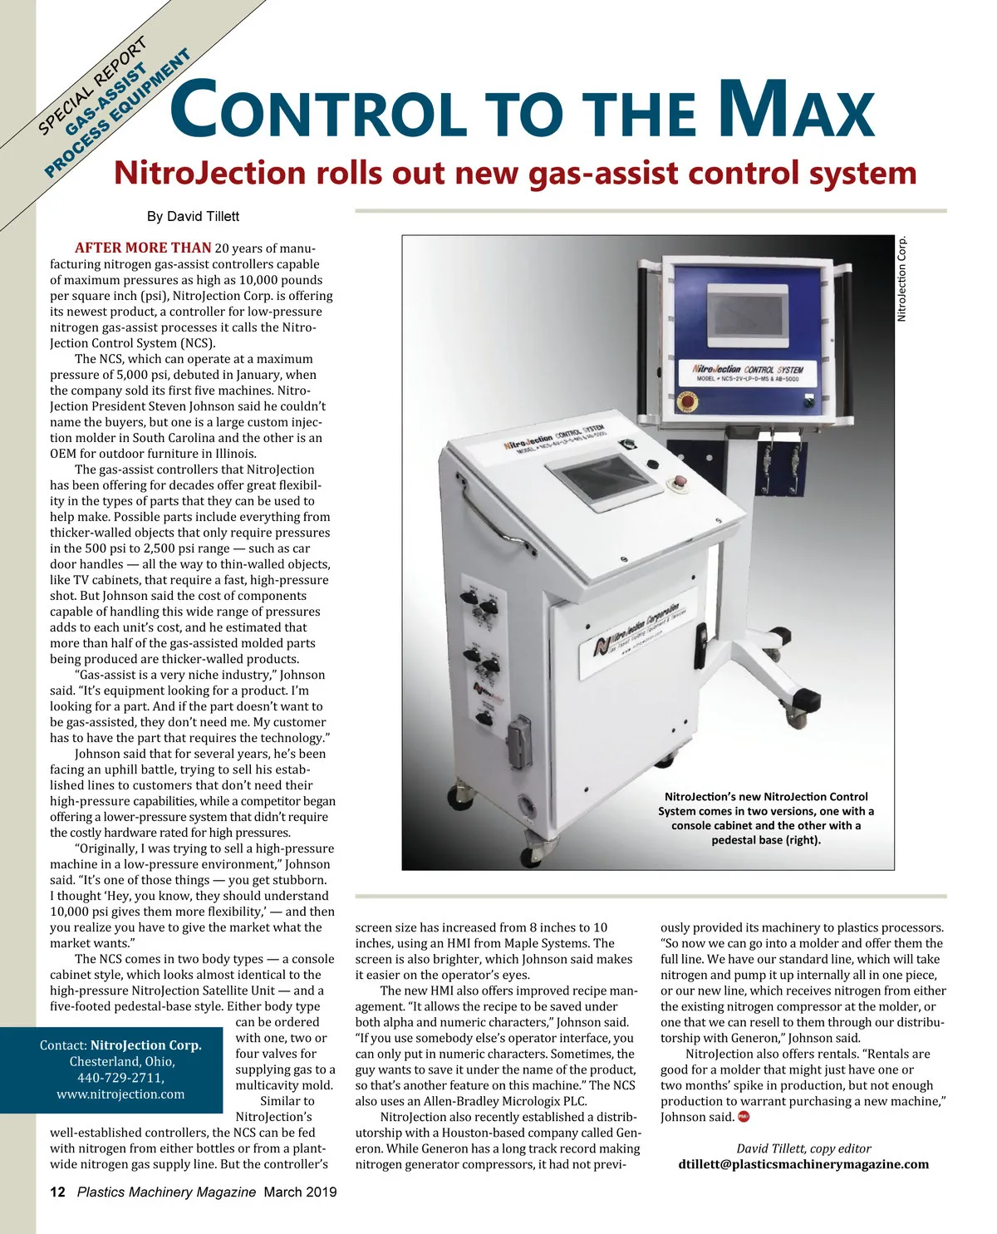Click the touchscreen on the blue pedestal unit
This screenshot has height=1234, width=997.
coord(745,307)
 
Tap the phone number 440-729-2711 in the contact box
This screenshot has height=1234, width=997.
coord(122,1078)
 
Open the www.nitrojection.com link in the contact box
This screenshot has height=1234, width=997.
coord(121,1094)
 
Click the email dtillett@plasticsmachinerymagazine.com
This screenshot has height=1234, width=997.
coord(803,1164)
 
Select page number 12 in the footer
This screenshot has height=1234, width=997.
coord(58,1192)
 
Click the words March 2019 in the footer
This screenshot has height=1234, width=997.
coord(300,1192)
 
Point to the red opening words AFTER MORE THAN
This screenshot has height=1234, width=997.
coord(143,248)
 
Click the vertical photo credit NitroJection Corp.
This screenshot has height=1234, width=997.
coord(903,279)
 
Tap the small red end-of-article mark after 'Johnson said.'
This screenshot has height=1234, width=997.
coord(744,1116)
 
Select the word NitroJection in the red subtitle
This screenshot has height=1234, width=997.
coord(209,173)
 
